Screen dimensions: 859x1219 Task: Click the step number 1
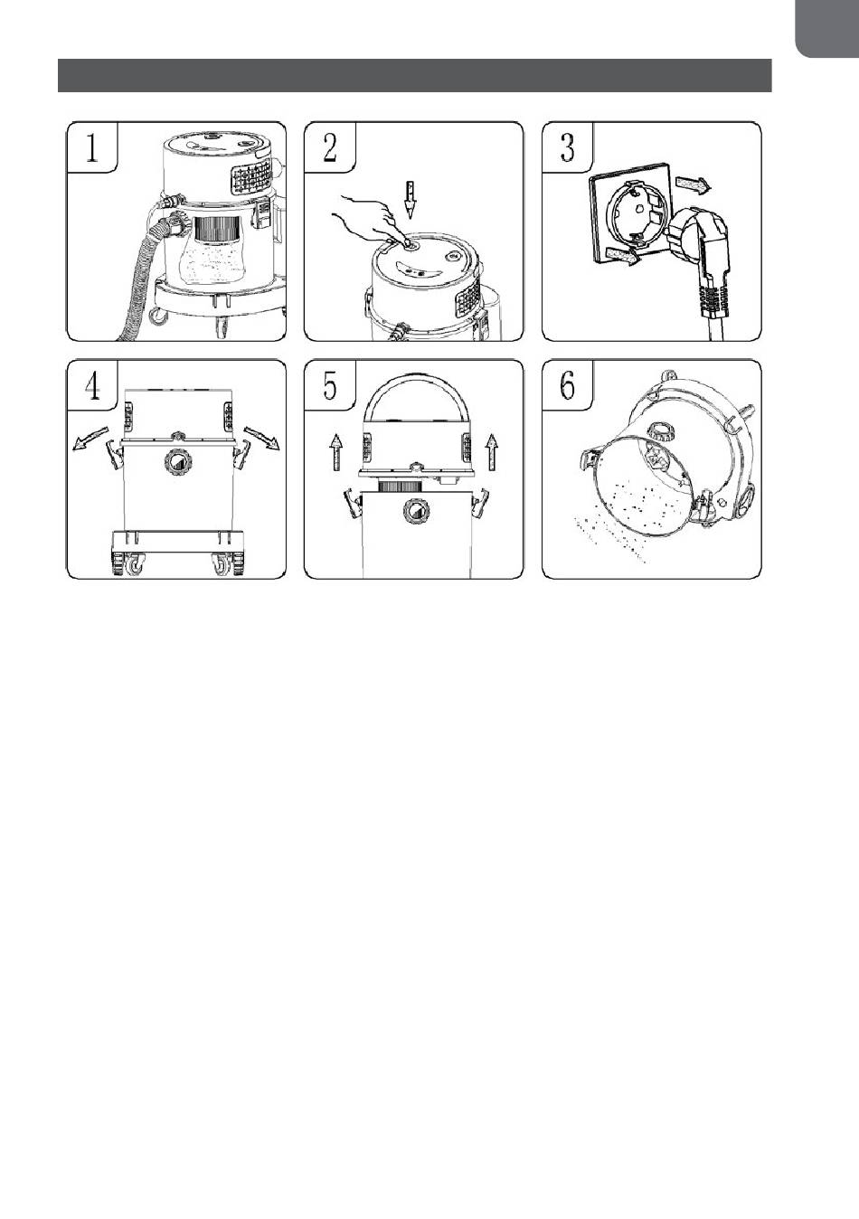(92, 147)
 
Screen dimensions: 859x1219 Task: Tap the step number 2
(329, 147)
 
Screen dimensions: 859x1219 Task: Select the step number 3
(567, 147)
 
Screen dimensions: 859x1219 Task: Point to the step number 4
(92, 385)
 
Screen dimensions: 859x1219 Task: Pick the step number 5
(329, 385)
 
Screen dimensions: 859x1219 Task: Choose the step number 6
(567, 385)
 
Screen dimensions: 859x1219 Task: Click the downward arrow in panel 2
(411, 199)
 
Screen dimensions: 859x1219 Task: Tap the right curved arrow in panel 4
(262, 440)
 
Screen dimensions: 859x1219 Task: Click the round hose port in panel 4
(178, 462)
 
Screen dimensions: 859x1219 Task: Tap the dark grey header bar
(414, 76)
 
